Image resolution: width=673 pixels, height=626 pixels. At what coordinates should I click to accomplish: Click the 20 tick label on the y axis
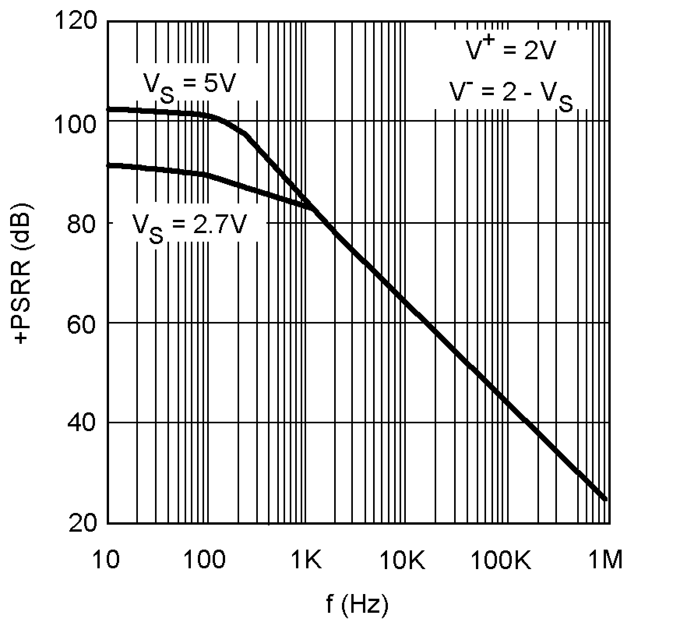click(82, 523)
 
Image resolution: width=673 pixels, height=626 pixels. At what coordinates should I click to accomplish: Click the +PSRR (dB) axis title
click(23, 273)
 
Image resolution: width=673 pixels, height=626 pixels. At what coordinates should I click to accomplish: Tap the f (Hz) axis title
click(358, 604)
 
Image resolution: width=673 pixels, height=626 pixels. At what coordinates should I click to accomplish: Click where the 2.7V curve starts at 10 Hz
click(108, 166)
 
